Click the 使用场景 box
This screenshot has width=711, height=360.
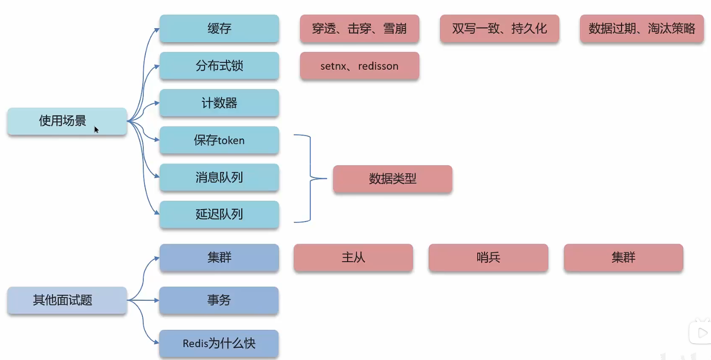pos(67,121)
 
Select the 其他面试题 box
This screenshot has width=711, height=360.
pos(67,300)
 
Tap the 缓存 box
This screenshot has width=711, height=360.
pos(219,29)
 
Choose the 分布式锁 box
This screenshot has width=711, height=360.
pos(219,66)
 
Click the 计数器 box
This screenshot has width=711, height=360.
pos(219,103)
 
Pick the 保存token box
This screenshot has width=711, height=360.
pos(219,140)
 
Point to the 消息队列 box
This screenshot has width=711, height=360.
pos(219,178)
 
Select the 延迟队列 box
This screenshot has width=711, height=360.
pos(219,215)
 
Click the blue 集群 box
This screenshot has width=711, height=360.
pos(219,258)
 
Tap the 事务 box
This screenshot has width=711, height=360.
pos(219,300)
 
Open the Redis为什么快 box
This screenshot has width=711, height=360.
pos(219,343)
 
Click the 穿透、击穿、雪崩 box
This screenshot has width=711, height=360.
pos(359,29)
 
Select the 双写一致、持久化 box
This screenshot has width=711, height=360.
pos(499,29)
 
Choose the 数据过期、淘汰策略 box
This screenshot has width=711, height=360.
pos(642,29)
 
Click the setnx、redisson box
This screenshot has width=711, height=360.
pos(359,66)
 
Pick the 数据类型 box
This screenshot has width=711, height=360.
pos(393,179)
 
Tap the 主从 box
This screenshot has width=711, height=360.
pos(353,258)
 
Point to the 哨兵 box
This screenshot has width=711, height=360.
pos(488,258)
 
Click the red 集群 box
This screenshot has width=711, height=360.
pos(623,258)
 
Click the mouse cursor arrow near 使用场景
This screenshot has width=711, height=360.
pos(96,130)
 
